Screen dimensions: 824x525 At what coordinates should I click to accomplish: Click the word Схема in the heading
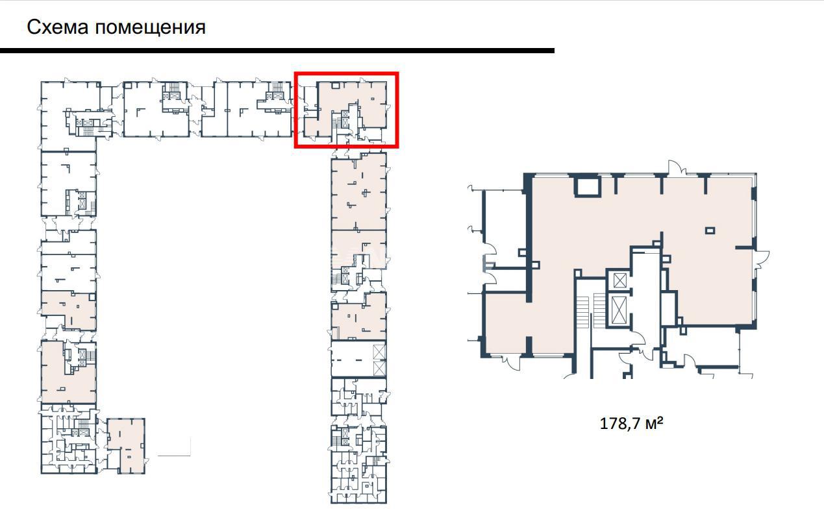coord(58,27)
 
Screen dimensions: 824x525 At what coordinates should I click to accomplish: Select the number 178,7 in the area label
coord(621,424)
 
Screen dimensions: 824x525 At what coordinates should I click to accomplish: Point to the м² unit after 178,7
coord(655,423)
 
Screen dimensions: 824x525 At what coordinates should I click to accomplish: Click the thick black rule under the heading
coord(277,51)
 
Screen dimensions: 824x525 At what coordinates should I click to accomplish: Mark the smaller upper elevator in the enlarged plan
coord(619,281)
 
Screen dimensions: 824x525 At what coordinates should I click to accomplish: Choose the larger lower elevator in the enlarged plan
coord(618,310)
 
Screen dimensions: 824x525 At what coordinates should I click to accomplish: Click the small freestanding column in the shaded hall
coord(710,231)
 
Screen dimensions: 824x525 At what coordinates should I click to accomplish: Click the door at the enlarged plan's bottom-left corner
coord(511,361)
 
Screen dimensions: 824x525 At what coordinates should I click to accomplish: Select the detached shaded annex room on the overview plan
coord(126,446)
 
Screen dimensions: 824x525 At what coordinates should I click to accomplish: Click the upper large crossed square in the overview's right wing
coord(379,352)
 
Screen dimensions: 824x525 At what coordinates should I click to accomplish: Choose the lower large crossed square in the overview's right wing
coord(379,369)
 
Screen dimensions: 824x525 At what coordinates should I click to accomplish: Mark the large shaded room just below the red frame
coord(358,192)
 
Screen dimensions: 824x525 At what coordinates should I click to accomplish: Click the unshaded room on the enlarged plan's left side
coord(506,228)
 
